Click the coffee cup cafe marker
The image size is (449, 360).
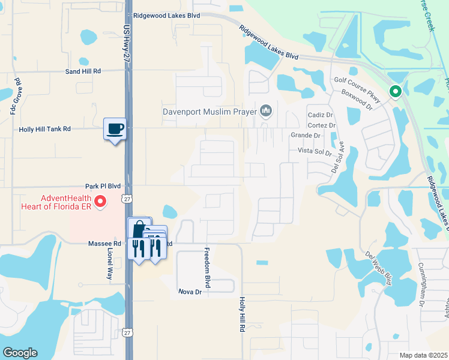115,128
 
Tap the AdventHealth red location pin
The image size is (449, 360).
101,202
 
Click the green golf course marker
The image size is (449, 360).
395,92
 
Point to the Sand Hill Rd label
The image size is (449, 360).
83,71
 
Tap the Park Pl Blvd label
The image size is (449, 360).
103,187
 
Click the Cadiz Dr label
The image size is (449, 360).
321,115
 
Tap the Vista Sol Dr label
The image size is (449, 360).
311,152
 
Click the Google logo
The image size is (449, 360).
20,353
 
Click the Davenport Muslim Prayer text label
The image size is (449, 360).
209,111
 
